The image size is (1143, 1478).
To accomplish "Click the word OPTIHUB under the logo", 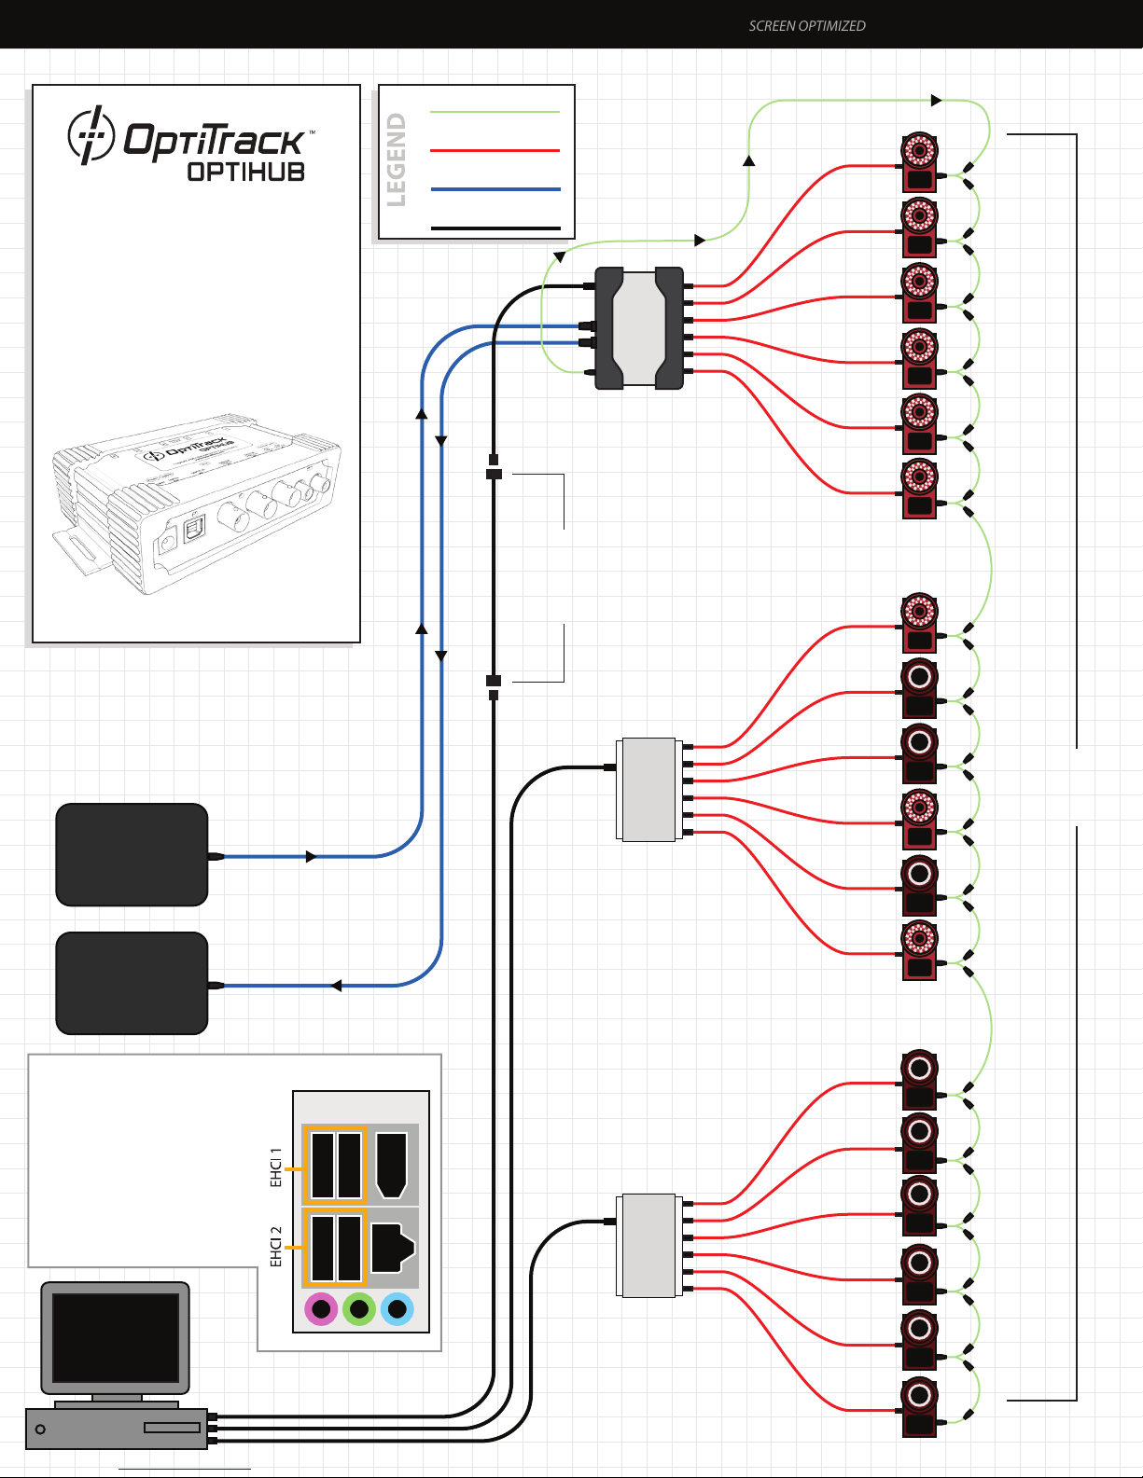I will (246, 172).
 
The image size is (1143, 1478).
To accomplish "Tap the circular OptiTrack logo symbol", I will (91, 135).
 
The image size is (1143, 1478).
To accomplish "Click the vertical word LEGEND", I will (397, 159).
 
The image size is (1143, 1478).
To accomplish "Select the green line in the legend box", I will (495, 112).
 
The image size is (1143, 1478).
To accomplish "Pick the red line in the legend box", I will (495, 150).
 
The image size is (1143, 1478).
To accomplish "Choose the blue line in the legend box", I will (495, 189).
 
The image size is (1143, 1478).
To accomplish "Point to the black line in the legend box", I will (495, 228).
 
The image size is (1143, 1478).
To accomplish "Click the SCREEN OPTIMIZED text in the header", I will (807, 26).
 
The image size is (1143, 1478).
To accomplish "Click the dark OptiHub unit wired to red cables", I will (639, 328).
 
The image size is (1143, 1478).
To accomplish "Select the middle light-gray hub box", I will (648, 790).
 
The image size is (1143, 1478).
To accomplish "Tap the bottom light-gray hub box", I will (648, 1246).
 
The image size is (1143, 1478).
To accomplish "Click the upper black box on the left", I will (132, 854).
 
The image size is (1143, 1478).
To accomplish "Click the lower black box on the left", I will (132, 983).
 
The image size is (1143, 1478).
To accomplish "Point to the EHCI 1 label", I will (276, 1167).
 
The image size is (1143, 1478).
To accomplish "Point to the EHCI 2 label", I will (276, 1247).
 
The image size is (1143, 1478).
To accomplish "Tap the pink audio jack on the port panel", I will (321, 1309).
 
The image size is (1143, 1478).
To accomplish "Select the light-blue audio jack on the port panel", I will (397, 1309).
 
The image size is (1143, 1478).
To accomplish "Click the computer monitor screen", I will (116, 1337).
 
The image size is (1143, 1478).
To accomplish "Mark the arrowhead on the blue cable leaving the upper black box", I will (311, 856).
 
